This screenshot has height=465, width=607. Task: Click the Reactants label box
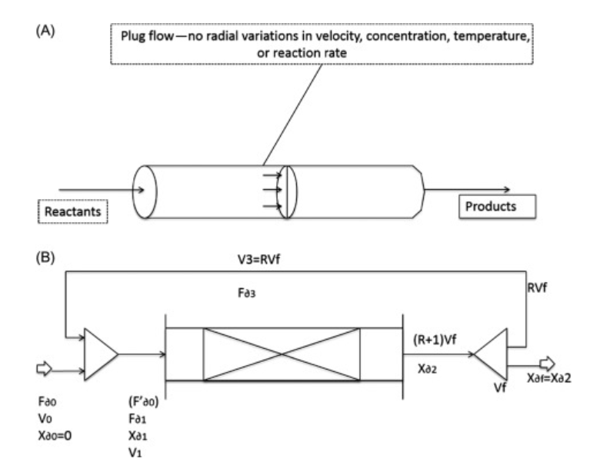point(71,209)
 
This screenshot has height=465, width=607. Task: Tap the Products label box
point(495,207)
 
